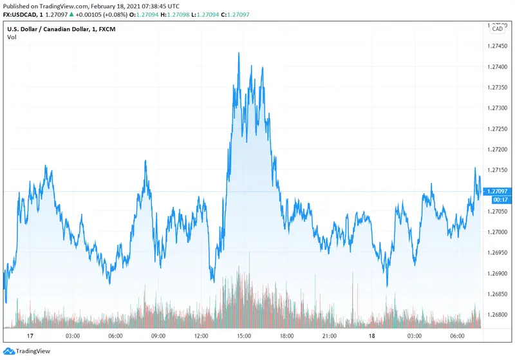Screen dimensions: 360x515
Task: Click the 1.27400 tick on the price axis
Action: click(x=498, y=67)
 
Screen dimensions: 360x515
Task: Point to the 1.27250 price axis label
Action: click(x=498, y=129)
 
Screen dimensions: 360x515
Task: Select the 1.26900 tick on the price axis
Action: click(x=498, y=274)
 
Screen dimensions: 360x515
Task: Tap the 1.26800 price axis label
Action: click(x=498, y=315)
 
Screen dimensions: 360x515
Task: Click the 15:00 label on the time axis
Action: click(x=244, y=336)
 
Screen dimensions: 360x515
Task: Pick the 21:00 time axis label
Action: click(x=330, y=336)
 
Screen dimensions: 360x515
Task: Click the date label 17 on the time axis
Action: click(x=29, y=336)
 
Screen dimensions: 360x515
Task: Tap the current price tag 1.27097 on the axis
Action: click(x=498, y=191)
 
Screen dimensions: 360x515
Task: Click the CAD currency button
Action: click(x=498, y=29)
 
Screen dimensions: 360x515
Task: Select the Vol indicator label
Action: click(x=12, y=37)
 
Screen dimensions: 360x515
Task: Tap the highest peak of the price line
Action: click(x=239, y=53)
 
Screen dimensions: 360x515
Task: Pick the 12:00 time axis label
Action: click(x=201, y=336)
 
